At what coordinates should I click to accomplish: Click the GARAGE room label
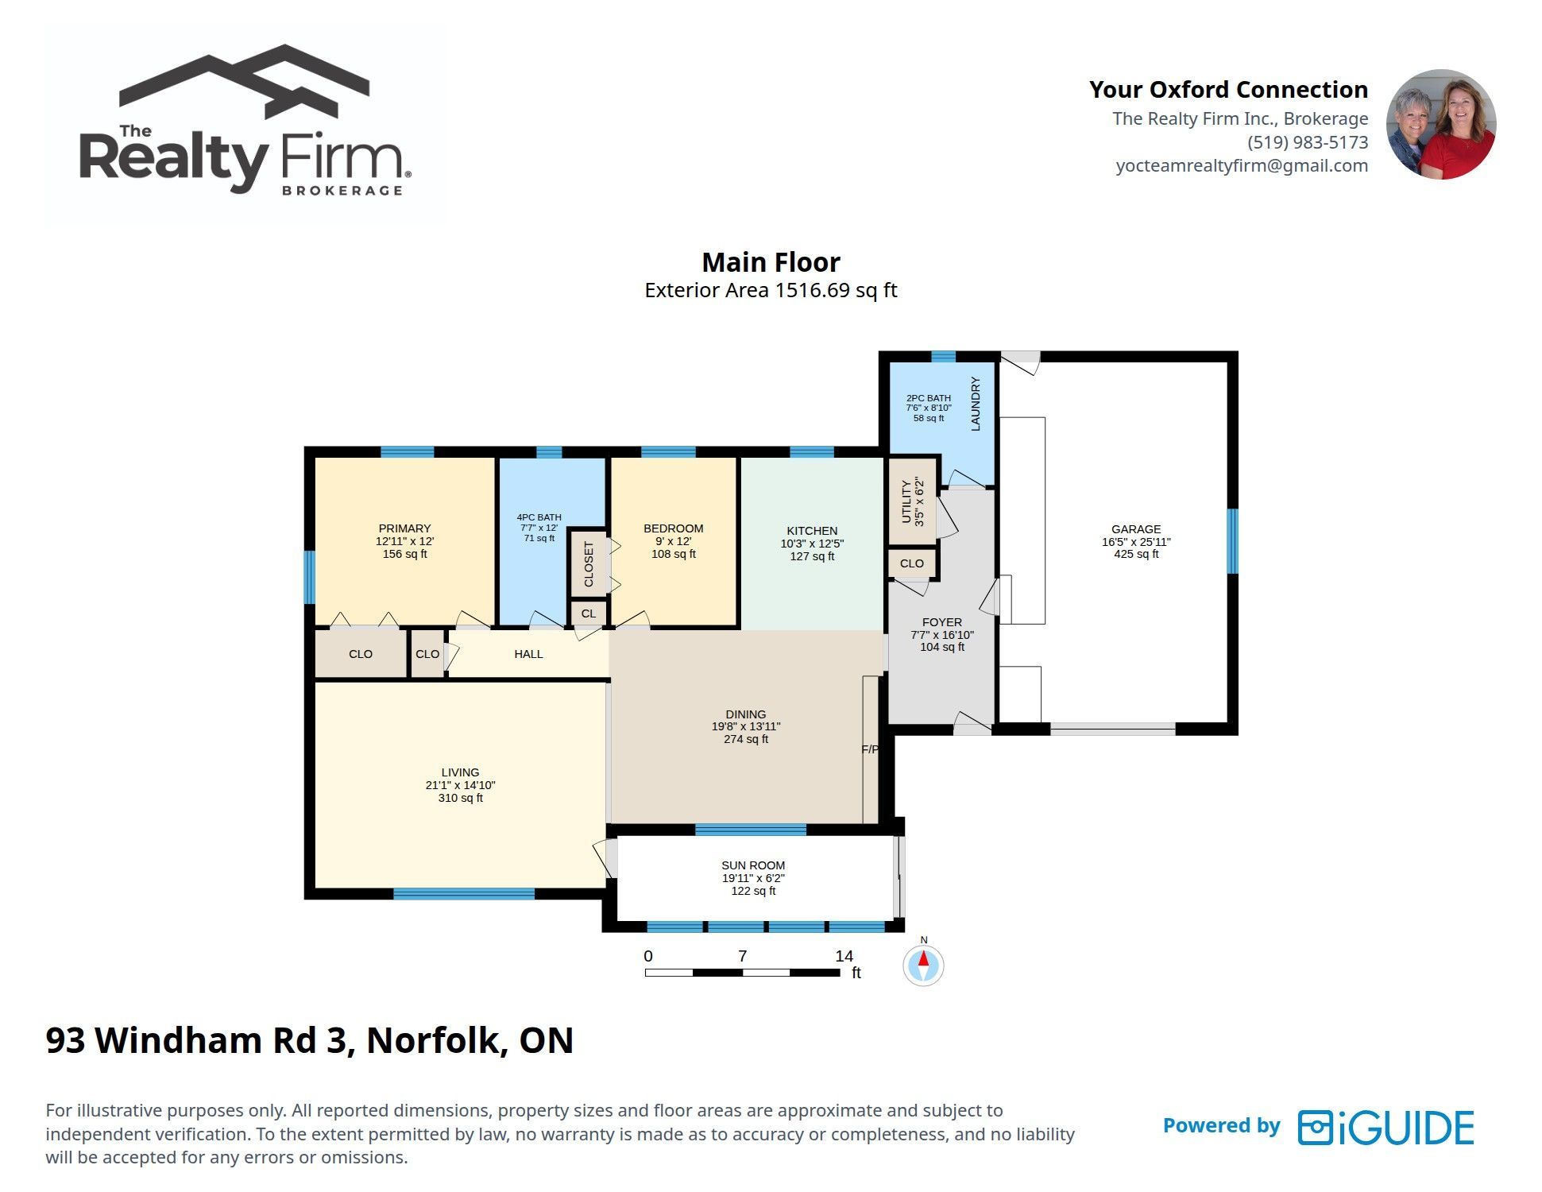pos(1136,529)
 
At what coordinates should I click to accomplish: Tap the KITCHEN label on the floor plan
pos(812,531)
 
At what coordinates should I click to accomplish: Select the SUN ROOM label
pos(753,865)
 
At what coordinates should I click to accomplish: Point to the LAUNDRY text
pos(976,404)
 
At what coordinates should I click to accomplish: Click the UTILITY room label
pos(906,501)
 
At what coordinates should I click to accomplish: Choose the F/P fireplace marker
pos(870,749)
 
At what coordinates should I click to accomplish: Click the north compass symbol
pos(924,965)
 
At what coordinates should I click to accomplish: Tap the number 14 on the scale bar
pos(844,956)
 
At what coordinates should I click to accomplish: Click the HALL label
pos(528,654)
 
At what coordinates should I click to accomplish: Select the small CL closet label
pos(589,613)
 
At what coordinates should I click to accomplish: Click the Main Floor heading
pos(771,262)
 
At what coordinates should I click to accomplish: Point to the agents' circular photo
pos(1441,124)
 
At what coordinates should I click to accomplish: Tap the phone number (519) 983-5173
pos(1308,142)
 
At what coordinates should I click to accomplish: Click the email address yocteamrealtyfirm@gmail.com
pos(1242,165)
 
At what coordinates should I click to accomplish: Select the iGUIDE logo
pos(1386,1128)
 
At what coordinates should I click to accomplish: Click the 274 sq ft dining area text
pos(746,739)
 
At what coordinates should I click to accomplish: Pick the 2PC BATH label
pos(929,398)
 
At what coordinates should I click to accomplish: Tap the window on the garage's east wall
pos(1232,541)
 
